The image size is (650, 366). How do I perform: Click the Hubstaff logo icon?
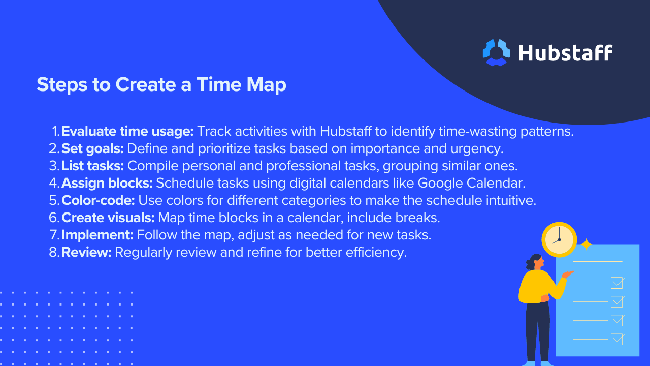click(496, 52)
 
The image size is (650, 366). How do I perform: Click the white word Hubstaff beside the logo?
click(566, 53)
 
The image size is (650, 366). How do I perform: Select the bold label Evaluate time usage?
click(127, 131)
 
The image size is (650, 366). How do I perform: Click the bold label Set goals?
click(92, 149)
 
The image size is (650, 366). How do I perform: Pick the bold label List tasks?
click(92, 166)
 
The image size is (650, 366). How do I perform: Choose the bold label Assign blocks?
click(107, 184)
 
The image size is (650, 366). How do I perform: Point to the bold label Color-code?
click(98, 200)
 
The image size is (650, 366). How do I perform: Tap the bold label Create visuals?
click(108, 218)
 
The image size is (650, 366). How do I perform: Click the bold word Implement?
click(97, 235)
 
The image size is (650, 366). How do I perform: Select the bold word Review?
click(86, 252)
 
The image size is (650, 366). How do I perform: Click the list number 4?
click(54, 183)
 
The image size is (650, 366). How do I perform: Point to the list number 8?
click(54, 252)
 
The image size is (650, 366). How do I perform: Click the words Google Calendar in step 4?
click(471, 184)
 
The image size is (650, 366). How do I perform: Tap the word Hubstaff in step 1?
click(346, 131)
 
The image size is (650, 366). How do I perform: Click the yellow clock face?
click(559, 240)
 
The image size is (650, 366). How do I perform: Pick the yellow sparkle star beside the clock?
click(586, 245)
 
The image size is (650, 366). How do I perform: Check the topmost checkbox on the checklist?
click(616, 283)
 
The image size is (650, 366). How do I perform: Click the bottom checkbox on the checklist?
click(616, 339)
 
